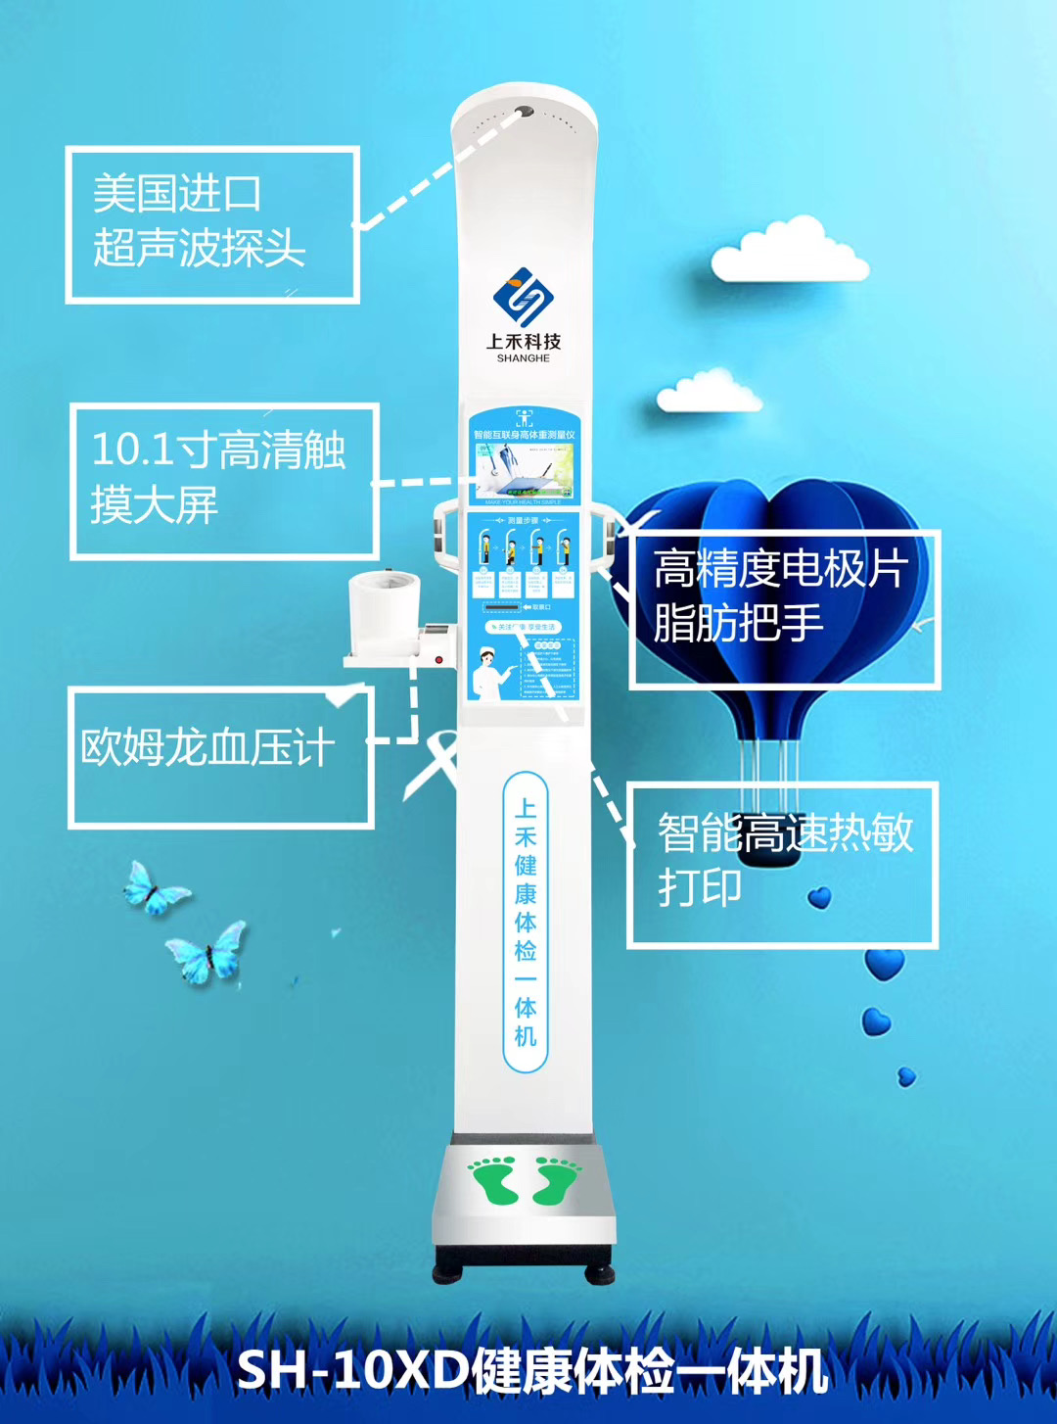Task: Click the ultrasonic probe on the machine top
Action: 525,113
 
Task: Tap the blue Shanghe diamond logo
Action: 523,296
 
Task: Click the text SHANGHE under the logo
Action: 523,358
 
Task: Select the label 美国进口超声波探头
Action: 212,223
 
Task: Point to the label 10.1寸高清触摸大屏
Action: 223,479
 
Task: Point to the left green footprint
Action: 495,1180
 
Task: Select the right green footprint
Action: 555,1181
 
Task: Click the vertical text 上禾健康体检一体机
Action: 526,922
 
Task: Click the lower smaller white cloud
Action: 709,392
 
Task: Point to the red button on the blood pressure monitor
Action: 438,659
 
